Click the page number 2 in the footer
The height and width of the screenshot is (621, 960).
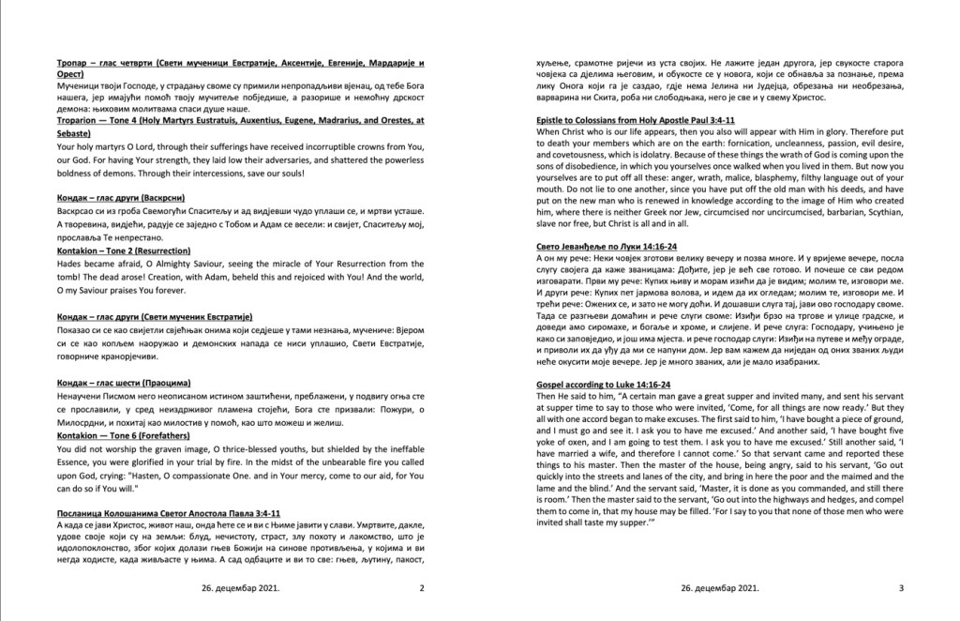pos(421,588)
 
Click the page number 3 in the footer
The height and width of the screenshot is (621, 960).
pos(900,588)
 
